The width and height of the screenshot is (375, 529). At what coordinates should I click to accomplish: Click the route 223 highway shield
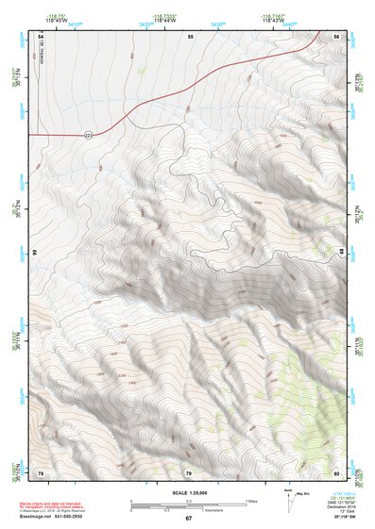pos(88,135)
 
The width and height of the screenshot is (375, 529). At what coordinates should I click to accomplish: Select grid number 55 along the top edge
pos(190,35)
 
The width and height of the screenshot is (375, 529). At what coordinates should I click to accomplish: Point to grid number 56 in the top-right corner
pos(337,35)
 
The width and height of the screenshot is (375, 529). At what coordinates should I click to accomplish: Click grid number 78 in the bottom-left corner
pos(41,472)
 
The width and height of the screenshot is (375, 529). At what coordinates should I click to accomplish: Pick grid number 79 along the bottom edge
pos(188,472)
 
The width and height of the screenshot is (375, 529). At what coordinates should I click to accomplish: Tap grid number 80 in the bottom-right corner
pos(337,472)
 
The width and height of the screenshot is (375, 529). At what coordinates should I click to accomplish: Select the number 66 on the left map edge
pos(36,254)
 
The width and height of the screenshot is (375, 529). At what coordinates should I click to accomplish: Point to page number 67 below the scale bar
pos(188,518)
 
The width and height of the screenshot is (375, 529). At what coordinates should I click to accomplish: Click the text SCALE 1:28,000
pos(188,493)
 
